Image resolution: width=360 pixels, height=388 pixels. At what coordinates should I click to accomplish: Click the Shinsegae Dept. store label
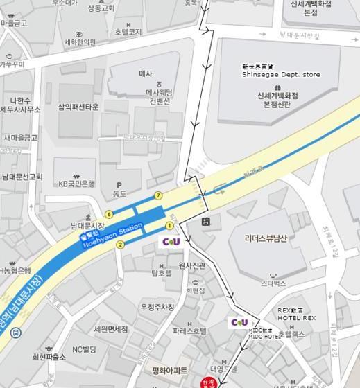pyautogui.click(x=281, y=74)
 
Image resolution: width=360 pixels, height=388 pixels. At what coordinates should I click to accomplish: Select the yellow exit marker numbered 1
pyautogui.click(x=169, y=226)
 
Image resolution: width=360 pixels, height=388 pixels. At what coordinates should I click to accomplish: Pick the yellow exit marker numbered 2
pyautogui.click(x=120, y=244)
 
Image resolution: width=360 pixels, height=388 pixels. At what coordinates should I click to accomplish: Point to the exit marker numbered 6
pyautogui.click(x=109, y=214)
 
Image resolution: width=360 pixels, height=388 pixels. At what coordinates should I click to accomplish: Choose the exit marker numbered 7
pyautogui.click(x=159, y=195)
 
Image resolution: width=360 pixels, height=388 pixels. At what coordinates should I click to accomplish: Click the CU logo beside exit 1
pyautogui.click(x=171, y=242)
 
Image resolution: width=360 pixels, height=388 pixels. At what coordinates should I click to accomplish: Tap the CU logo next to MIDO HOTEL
pyautogui.click(x=239, y=322)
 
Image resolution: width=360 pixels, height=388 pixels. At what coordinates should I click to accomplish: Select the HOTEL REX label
pyautogui.click(x=296, y=318)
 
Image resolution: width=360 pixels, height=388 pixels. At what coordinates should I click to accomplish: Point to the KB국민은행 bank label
pyautogui.click(x=76, y=184)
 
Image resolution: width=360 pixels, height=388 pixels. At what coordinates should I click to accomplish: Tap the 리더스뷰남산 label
pyautogui.click(x=266, y=238)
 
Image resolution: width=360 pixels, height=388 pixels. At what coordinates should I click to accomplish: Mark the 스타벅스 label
pyautogui.click(x=273, y=283)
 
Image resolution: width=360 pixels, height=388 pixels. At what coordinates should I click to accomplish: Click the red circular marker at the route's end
pyautogui.click(x=205, y=383)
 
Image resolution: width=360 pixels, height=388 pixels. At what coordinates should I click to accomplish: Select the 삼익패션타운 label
pyautogui.click(x=78, y=107)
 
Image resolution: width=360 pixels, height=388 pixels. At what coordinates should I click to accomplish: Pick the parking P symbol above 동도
pyautogui.click(x=119, y=185)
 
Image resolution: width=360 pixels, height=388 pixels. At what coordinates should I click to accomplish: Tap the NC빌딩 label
pyautogui.click(x=84, y=349)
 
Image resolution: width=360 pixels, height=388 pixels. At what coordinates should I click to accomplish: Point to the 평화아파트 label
pyautogui.click(x=170, y=371)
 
